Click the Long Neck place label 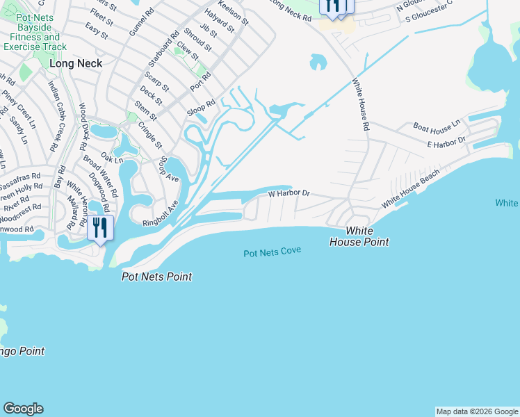coord(76,63)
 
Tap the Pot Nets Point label coord(156,277)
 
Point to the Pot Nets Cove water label coord(272,252)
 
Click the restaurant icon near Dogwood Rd coord(100,228)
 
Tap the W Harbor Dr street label coord(289,193)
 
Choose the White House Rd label coord(359,104)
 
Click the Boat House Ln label coord(437,126)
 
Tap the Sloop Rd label coord(201,107)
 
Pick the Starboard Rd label coord(173,44)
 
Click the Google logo coord(23,409)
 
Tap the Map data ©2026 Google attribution coord(477,411)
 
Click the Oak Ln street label coord(111,159)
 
